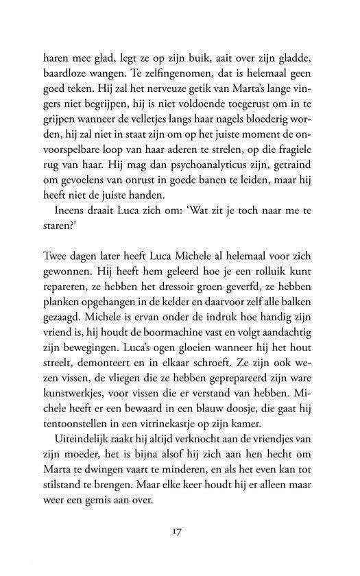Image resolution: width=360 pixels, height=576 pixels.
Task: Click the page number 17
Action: (180, 531)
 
